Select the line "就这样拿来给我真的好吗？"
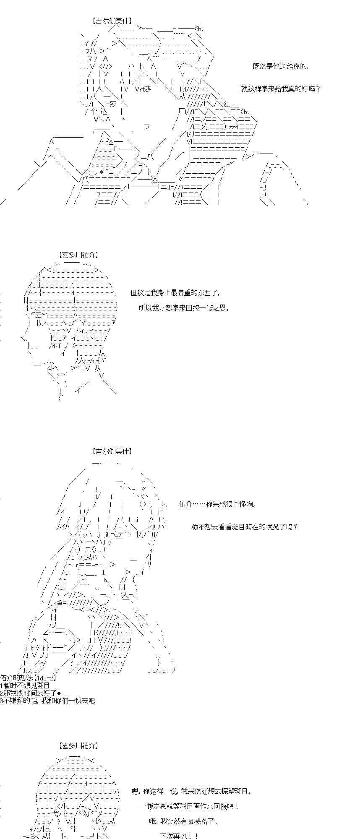tap(281, 89)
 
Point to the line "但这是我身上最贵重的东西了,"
tap(175, 293)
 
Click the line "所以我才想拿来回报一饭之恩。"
tap(184, 308)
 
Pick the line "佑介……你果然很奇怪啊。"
tap(217, 504)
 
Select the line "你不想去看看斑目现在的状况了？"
tap(245, 527)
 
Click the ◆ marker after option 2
tap(59, 693)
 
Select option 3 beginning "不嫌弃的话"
tap(47, 701)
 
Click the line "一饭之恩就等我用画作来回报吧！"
tap(189, 806)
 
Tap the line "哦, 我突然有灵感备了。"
tap(183, 821)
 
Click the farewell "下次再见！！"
tap(179, 836)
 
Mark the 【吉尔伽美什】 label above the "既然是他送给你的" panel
tap(112, 20)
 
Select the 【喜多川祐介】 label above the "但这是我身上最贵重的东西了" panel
tap(79, 254)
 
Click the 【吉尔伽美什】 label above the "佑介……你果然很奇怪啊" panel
tap(112, 451)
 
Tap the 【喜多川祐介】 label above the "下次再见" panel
tap(79, 746)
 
